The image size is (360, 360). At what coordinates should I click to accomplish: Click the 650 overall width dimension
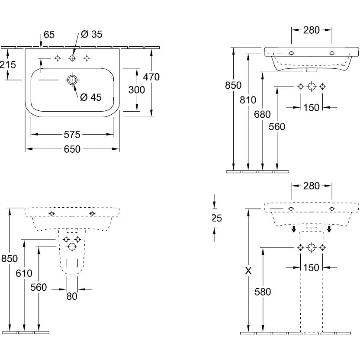pos(72,149)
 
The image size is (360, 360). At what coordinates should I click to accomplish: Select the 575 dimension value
pos(72,134)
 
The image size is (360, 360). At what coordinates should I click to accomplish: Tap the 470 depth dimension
pos(152,77)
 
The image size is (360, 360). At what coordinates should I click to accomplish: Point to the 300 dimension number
pos(137,90)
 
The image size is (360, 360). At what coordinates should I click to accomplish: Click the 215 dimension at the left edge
pos(8,64)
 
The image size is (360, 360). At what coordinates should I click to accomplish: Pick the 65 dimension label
pos(50,34)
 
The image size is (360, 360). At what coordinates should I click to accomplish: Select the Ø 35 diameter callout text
pos(91,34)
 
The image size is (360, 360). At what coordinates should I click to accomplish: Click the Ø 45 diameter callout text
pos(91,97)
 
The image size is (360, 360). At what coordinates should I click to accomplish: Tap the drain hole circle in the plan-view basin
pos(72,80)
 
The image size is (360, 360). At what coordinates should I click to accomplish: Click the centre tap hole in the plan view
pos(72,58)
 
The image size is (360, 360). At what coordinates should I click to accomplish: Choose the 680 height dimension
pos(263,115)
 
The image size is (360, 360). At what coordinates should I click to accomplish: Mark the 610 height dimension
pos(24,273)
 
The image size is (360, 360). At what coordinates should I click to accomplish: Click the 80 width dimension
pos(72,297)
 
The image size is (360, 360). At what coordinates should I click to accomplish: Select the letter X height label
pos(248,271)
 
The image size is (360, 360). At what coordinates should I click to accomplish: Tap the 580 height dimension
pos(263,292)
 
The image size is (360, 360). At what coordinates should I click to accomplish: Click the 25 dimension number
pos(217,219)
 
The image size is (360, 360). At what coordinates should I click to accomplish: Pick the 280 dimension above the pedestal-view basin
pos(312,186)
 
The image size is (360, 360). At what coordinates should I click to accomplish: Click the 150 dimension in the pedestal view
pos(312,267)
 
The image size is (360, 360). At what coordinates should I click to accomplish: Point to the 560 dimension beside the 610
pos(39,288)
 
